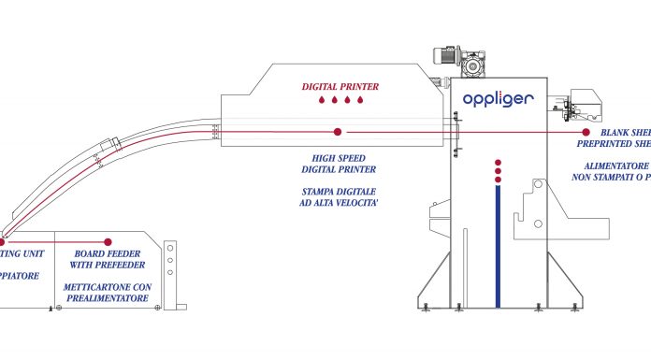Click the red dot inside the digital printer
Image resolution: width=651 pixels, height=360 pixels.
[338, 132]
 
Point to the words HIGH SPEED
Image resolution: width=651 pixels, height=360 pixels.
[339, 158]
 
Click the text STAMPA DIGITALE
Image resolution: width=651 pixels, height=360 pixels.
[338, 191]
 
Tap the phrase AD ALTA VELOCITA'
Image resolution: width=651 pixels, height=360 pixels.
[338, 202]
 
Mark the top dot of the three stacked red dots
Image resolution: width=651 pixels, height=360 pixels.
[497, 161]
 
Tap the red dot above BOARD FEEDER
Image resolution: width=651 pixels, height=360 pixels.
[108, 241]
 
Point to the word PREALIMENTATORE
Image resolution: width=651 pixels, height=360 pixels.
[108, 298]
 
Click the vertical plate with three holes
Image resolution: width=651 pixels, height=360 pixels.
[169, 266]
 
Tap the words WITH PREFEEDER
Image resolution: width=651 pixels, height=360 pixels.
[108, 266]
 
